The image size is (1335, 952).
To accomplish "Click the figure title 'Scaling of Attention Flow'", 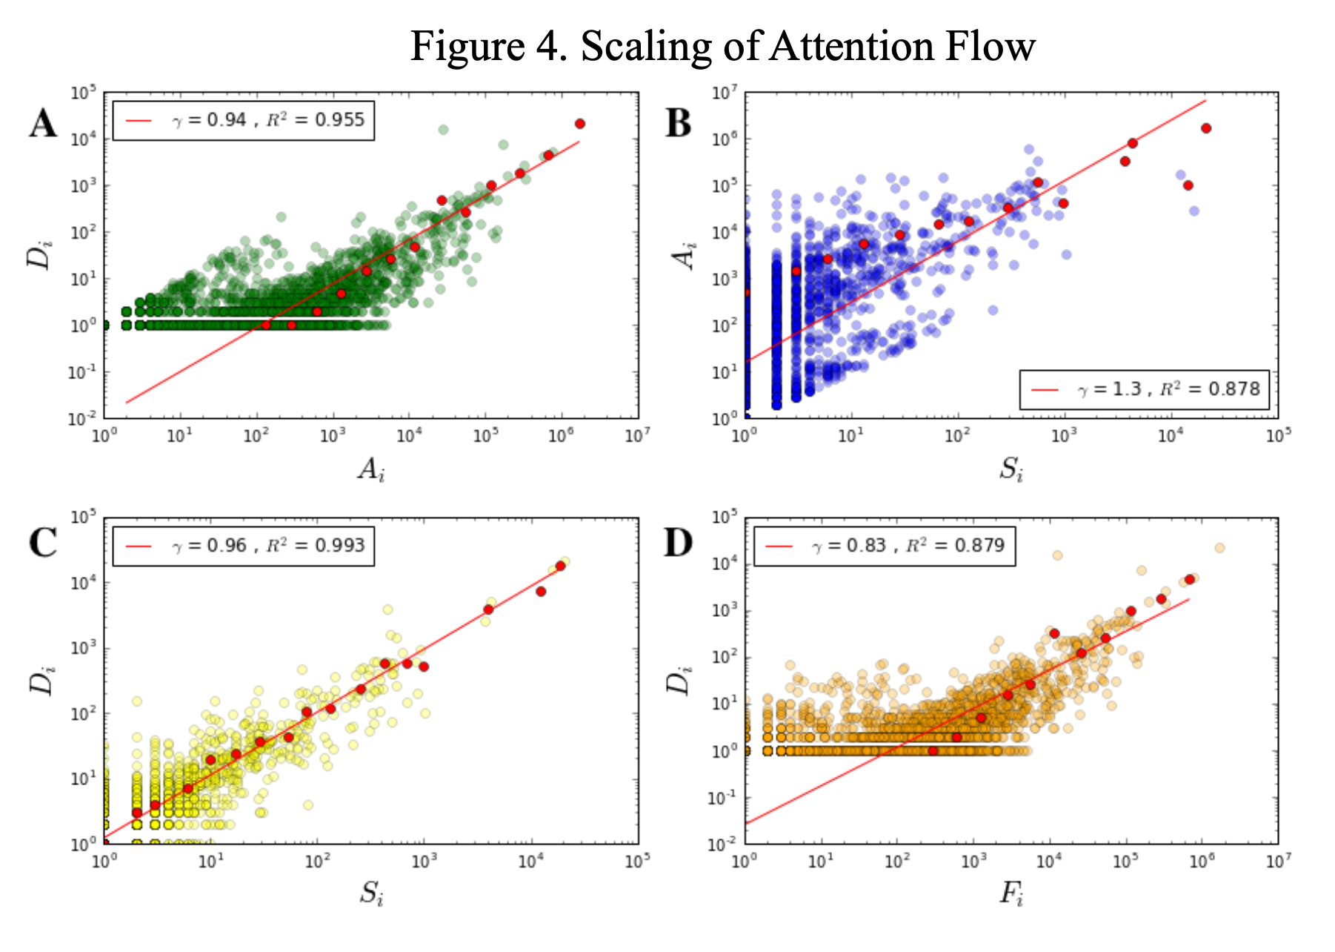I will click(722, 46).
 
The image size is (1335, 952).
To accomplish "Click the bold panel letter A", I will click(43, 123).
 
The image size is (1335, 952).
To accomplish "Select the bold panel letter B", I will click(678, 123).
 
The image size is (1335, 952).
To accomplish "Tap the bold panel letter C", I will click(43, 543).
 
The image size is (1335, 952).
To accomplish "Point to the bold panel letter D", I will click(678, 543).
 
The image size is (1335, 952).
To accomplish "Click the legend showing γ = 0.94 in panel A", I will click(244, 120).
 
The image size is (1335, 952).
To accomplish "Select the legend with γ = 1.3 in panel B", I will click(1144, 389).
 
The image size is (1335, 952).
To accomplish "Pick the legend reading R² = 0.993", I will click(244, 546).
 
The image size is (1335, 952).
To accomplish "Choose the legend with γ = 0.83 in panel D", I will click(884, 546).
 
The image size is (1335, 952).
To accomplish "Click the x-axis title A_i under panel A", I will click(371, 469).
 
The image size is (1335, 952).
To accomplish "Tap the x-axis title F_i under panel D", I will click(1011, 894).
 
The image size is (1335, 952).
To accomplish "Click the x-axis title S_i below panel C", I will click(371, 894).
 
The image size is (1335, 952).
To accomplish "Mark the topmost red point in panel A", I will click(580, 124).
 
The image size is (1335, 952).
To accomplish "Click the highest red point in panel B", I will click(1206, 128).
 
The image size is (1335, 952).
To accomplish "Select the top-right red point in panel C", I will click(561, 566).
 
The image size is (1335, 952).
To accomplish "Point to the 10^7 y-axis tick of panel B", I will click(725, 93).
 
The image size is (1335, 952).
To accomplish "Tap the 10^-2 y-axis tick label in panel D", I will click(723, 844).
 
